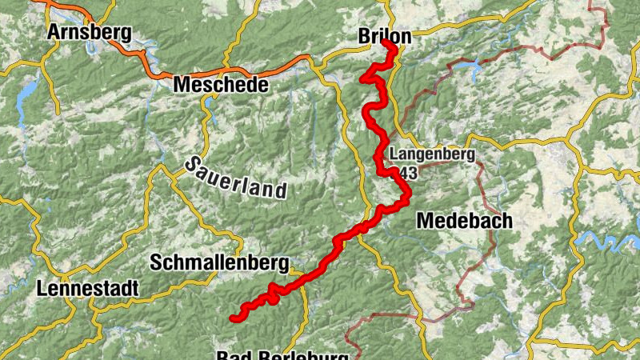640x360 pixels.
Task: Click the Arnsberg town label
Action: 88,32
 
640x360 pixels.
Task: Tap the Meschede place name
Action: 220,83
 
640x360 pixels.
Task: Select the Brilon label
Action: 384,37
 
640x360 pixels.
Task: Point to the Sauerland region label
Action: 235,178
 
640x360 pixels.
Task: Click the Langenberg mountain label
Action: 433,154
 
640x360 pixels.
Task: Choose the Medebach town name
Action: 464,220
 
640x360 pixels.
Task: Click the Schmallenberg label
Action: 218,262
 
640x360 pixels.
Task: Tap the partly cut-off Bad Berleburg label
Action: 282,354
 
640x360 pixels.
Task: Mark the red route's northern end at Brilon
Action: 393,46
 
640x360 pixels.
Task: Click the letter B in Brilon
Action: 364,37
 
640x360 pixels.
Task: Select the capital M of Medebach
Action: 426,220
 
